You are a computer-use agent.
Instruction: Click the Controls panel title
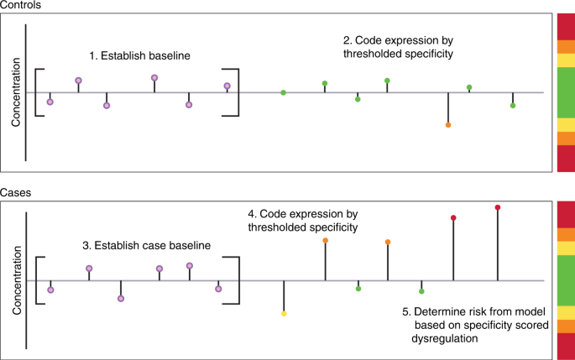click(x=20, y=5)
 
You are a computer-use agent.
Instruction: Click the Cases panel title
click(x=15, y=193)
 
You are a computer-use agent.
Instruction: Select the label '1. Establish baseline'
click(x=139, y=55)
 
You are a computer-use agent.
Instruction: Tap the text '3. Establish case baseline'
click(x=147, y=245)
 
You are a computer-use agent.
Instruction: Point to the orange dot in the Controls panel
click(x=448, y=125)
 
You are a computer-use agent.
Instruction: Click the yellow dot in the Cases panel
click(x=284, y=314)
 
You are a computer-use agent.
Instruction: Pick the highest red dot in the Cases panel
click(x=498, y=207)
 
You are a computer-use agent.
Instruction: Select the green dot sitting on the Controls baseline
click(x=283, y=93)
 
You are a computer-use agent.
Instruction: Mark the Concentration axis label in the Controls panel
click(x=16, y=92)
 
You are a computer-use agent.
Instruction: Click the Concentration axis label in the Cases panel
click(x=17, y=280)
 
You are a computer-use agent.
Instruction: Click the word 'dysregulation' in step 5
click(x=444, y=338)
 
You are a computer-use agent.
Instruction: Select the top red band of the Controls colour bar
click(x=566, y=27)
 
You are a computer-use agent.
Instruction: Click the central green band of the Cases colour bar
click(x=566, y=281)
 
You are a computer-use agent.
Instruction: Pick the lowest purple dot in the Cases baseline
click(x=121, y=299)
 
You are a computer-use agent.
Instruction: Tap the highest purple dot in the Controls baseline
click(x=154, y=78)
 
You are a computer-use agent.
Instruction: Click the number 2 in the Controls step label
click(x=346, y=40)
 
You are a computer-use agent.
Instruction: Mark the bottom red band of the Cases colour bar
click(x=566, y=347)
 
